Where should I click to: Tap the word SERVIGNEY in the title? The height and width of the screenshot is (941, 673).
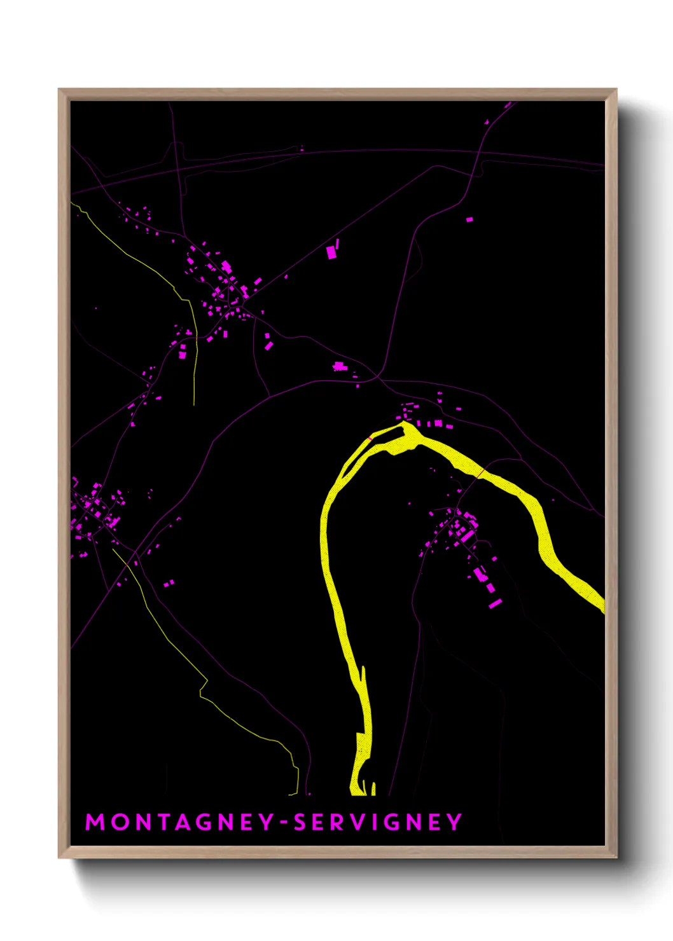(377, 822)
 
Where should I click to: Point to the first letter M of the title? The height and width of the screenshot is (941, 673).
(95, 822)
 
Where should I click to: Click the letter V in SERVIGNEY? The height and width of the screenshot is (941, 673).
(361, 822)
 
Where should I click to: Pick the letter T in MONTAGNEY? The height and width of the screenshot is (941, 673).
(164, 822)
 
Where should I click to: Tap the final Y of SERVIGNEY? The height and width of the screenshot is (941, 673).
(454, 822)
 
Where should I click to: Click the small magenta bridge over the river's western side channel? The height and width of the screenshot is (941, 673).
(370, 439)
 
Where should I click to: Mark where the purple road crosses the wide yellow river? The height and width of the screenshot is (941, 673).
(481, 472)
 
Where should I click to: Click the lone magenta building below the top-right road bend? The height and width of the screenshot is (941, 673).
(469, 219)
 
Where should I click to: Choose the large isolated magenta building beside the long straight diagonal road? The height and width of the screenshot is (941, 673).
(331, 252)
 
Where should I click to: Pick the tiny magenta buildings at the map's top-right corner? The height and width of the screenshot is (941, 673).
(507, 105)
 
